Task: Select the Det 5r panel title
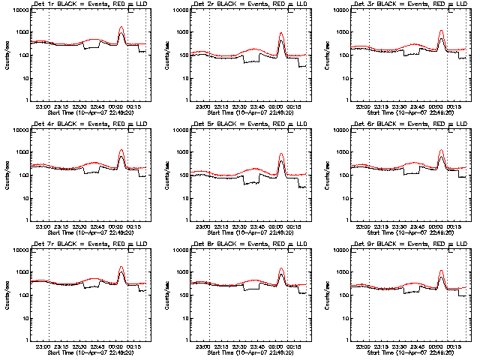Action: click(242, 124)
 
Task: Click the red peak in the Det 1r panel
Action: click(121, 27)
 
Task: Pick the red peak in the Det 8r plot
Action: click(281, 268)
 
